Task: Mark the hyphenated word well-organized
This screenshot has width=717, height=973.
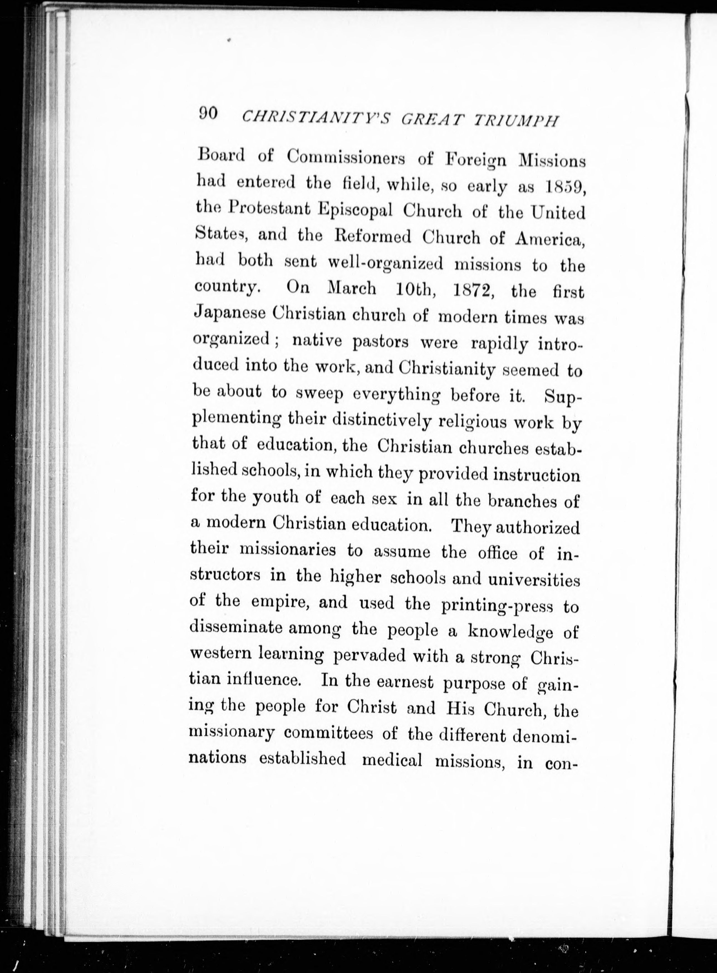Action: click(x=385, y=264)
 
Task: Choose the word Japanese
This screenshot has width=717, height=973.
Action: click(x=229, y=313)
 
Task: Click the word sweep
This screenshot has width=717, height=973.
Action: click(x=320, y=394)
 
